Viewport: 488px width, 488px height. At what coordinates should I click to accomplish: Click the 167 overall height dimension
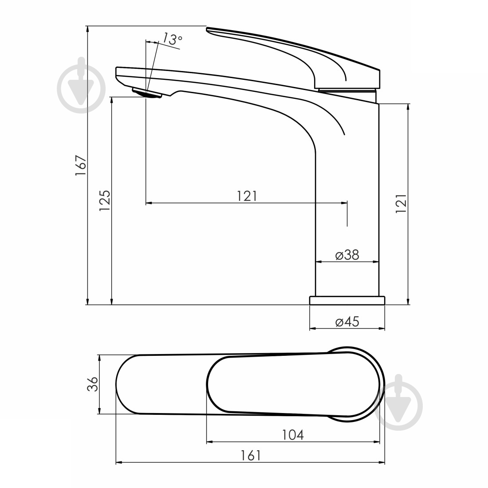click(x=81, y=165)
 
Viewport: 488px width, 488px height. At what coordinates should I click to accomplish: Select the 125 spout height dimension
click(x=105, y=201)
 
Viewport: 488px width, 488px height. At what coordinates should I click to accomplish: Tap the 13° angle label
click(x=172, y=39)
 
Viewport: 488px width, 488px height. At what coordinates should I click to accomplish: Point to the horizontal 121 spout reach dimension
click(x=247, y=196)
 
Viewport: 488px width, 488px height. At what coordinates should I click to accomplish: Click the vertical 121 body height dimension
click(x=401, y=204)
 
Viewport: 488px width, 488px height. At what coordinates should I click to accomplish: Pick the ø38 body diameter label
click(x=347, y=255)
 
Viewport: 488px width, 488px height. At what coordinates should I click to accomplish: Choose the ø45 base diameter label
click(x=347, y=322)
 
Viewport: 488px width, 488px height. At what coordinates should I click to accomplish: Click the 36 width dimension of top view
click(x=92, y=384)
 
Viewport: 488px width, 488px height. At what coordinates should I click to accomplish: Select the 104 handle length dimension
click(x=293, y=435)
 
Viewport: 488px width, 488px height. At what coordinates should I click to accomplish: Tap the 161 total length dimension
click(x=251, y=456)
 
